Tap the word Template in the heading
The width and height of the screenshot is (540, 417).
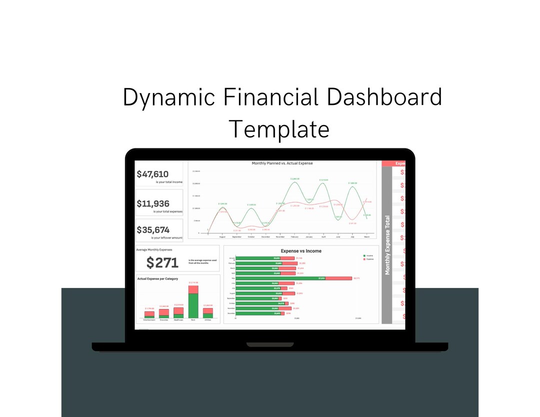point(279,128)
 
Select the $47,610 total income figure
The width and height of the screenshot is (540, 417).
point(152,174)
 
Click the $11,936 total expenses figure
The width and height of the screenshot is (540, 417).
point(153,203)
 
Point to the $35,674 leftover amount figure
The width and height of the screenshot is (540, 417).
point(153,230)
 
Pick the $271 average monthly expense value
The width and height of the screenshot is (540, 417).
point(162,262)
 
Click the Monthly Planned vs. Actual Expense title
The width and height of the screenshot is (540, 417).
point(282,163)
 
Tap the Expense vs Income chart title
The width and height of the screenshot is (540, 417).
point(301,251)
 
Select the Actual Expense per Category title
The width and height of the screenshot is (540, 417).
point(157,278)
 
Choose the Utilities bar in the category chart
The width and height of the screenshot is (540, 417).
point(208,313)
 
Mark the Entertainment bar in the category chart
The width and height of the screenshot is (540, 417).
point(149,314)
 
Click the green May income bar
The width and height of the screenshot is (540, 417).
point(280,278)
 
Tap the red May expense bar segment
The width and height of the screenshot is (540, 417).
point(338,278)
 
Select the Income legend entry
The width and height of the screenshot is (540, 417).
point(369,255)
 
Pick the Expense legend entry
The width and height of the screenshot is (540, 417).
point(369,259)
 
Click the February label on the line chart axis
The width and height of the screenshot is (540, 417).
point(294,236)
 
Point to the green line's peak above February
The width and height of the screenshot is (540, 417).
point(295,181)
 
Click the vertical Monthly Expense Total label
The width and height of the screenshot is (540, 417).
point(387,245)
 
